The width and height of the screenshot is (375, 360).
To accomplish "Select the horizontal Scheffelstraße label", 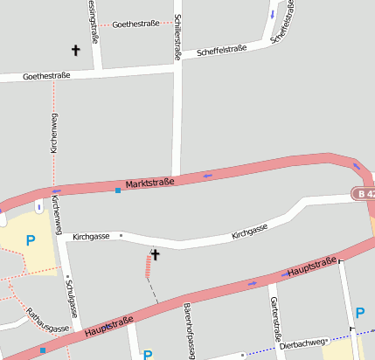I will [222, 50].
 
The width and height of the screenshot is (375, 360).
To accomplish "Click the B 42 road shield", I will [365, 193].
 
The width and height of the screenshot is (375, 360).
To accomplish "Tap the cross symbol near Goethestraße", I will [75, 51].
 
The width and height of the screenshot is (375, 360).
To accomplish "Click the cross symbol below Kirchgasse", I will [156, 254].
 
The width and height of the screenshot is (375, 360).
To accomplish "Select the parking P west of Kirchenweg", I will [31, 240].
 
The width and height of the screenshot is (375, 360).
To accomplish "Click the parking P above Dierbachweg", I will [360, 312].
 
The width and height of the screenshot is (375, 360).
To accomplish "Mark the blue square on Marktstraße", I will [118, 190].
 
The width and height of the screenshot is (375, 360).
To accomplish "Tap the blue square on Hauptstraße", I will [43, 350].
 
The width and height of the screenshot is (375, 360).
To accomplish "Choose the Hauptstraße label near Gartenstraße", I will [312, 268].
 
